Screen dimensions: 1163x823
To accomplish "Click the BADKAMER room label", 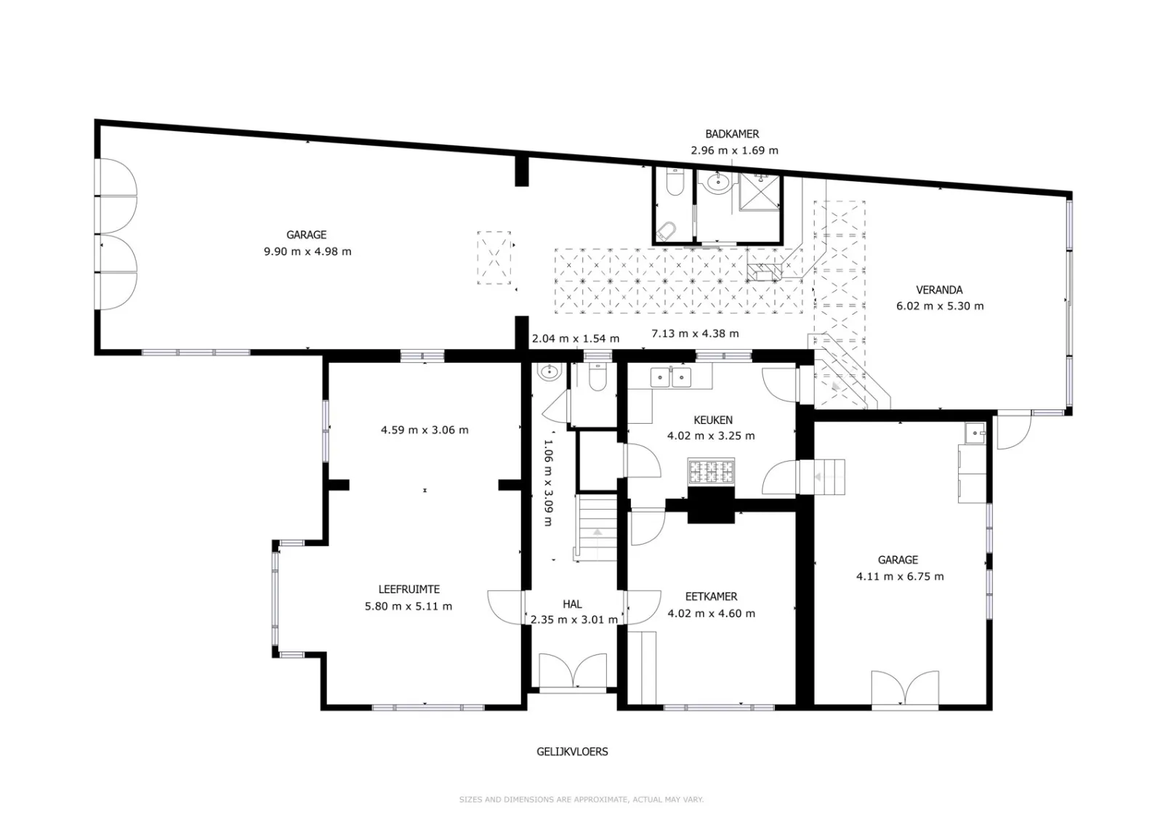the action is tap(732, 134).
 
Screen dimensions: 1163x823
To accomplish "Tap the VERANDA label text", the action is tap(939, 290).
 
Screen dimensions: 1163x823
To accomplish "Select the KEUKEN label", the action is tap(713, 419).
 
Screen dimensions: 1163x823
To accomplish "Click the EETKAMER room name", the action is tap(712, 597).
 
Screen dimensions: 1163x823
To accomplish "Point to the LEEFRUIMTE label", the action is tap(409, 590).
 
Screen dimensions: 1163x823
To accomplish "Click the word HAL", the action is tap(572, 604).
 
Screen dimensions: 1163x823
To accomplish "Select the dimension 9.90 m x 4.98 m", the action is tap(307, 252).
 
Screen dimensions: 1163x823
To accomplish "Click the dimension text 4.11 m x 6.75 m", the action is tap(900, 577).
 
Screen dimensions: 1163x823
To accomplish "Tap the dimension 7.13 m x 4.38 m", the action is tap(695, 334).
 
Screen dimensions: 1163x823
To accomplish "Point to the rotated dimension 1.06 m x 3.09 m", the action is tap(547, 483).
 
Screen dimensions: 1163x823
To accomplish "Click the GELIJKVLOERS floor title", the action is tap(572, 751).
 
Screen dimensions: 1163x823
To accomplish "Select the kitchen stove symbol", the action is tap(711, 472).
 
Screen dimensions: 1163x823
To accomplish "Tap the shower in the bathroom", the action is tap(759, 192).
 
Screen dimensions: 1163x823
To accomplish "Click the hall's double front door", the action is tap(573, 671).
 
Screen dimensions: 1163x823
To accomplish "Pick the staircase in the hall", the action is tap(596, 528).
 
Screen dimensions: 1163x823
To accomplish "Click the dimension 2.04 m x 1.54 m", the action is tap(575, 339).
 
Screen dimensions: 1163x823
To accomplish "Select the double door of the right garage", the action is tap(905, 688).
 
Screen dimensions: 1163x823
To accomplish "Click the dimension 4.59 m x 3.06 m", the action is tap(424, 430).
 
